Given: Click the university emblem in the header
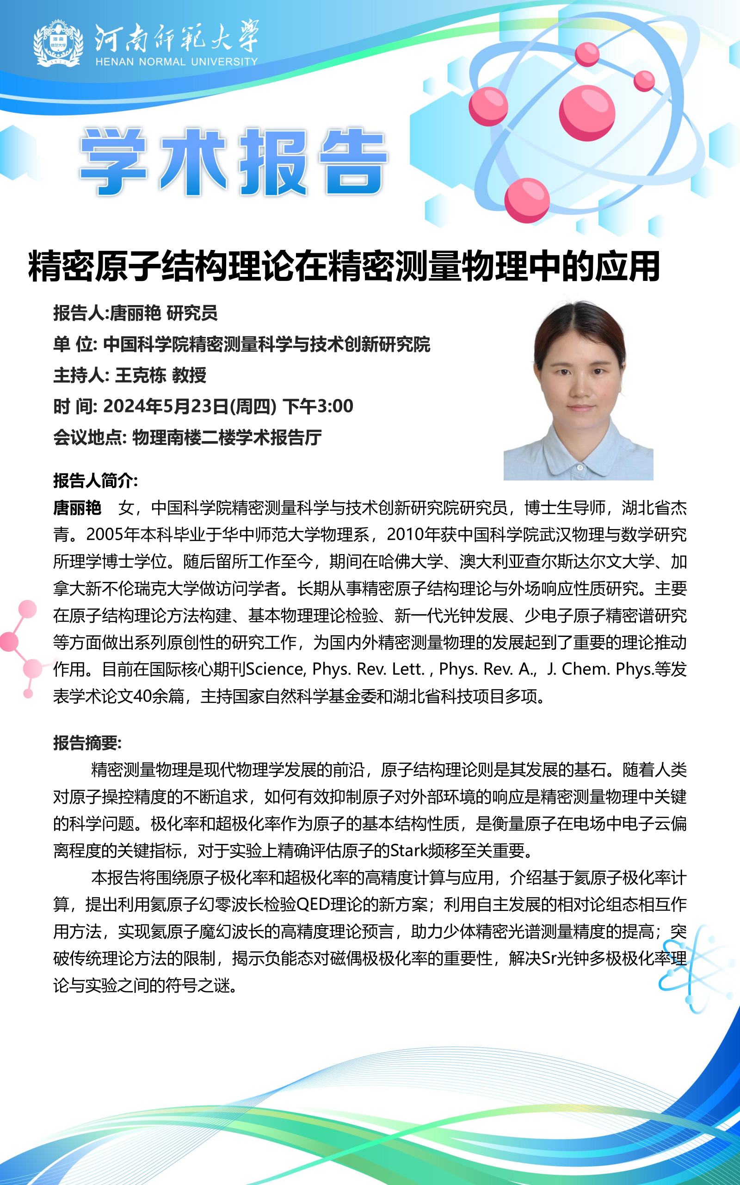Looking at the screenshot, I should pyautogui.click(x=58, y=43).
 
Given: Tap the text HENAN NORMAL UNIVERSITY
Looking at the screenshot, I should pyautogui.click(x=176, y=62).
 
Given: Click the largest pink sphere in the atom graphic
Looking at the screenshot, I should pyautogui.click(x=587, y=112).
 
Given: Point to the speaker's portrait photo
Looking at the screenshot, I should pyautogui.click(x=579, y=389).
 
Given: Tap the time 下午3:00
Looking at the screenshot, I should pyautogui.click(x=318, y=406).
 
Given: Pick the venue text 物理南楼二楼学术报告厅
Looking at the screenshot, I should pyautogui.click(x=227, y=437).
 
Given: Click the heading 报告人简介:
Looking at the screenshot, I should pyautogui.click(x=95, y=480).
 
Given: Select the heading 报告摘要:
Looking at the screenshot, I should pyautogui.click(x=87, y=743).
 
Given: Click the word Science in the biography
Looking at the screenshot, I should pyautogui.click(x=276, y=669).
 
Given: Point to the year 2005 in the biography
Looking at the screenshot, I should pyautogui.click(x=105, y=535).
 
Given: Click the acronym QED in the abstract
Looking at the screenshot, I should pyautogui.click(x=313, y=904).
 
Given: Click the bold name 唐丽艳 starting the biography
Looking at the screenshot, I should pyautogui.click(x=77, y=508).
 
